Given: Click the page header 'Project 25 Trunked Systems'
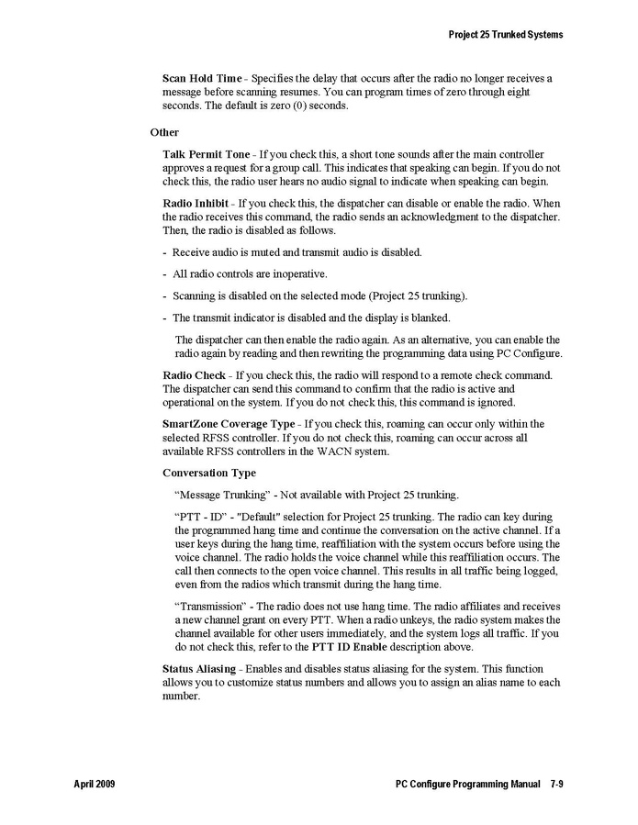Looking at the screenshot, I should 505,35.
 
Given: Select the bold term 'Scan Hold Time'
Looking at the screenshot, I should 202,79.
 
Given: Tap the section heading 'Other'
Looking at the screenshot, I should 164,132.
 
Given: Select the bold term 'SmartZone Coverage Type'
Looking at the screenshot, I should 229,424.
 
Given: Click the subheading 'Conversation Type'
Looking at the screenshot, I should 208,474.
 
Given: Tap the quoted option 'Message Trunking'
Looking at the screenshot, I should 218,495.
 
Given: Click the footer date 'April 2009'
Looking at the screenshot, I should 95,786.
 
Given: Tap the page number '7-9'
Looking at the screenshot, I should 556,786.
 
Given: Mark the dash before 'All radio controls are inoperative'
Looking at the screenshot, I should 165,274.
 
